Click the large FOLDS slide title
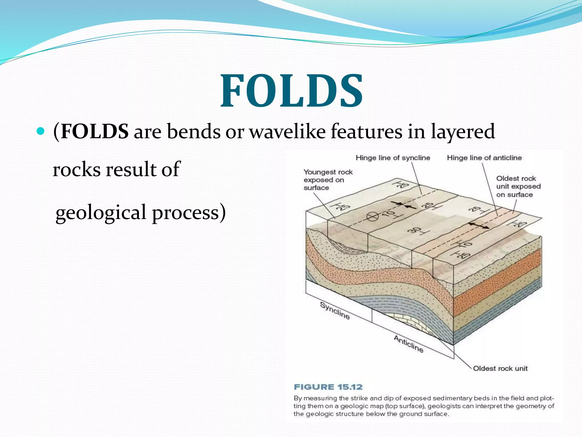click(x=292, y=91)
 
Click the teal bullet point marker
click(x=41, y=131)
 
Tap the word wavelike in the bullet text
click(x=287, y=132)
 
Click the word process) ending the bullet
click(x=189, y=213)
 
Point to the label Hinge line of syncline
click(x=393, y=158)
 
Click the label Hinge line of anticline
click(x=484, y=158)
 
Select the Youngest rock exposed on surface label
click(x=327, y=180)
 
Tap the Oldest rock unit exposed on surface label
click(x=518, y=187)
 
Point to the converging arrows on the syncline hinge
click(x=404, y=205)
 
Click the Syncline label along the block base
click(x=334, y=311)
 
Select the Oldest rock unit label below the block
click(x=500, y=368)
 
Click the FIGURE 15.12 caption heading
click(x=328, y=387)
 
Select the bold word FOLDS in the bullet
click(x=95, y=132)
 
